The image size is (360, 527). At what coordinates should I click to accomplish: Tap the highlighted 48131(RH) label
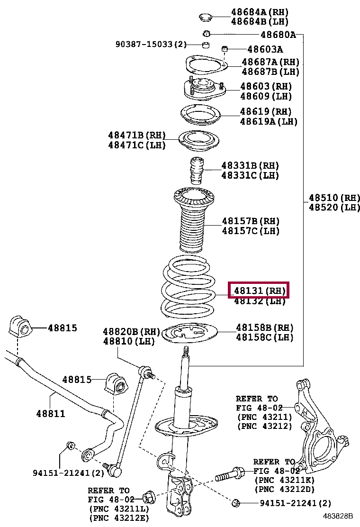click(258, 290)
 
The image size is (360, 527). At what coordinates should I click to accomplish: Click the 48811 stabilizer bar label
click(50, 413)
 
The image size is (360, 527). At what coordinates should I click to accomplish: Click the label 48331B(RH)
click(250, 165)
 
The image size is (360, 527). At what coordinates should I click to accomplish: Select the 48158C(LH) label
click(264, 337)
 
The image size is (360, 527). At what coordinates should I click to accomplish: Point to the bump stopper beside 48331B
click(196, 173)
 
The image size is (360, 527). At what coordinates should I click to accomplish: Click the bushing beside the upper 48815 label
click(19, 327)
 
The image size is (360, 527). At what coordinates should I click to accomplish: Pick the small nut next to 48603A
click(225, 49)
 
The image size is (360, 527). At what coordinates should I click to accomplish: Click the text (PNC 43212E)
click(119, 518)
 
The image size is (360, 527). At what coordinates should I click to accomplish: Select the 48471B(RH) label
click(137, 136)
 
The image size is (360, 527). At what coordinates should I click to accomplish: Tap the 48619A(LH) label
click(268, 121)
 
